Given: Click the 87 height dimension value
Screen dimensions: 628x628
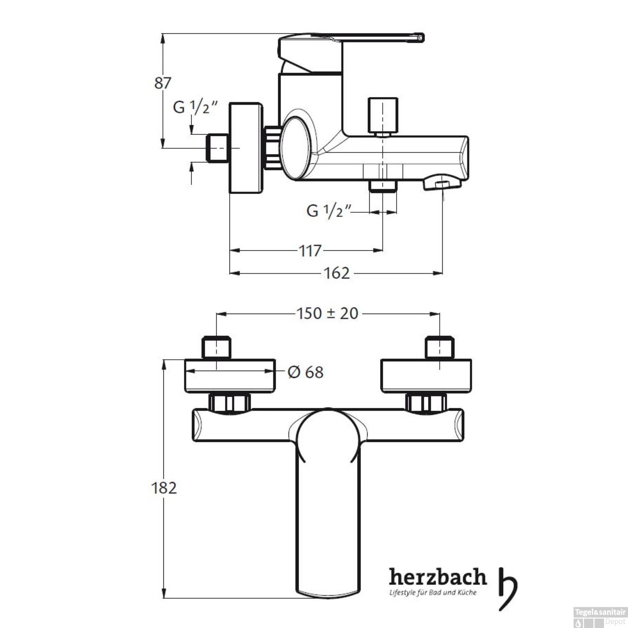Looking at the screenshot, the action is [x=162, y=83].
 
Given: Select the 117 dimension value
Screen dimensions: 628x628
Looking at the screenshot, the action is [x=310, y=251].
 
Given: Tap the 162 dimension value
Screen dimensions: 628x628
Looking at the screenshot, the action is [x=337, y=273].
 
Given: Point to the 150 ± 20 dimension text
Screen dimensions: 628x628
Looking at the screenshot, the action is [x=327, y=313].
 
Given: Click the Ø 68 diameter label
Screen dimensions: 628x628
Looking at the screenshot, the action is [x=306, y=372].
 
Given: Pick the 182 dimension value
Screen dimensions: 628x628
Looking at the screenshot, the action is [x=164, y=488].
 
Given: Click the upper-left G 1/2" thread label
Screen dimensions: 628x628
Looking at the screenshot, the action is [x=196, y=107].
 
